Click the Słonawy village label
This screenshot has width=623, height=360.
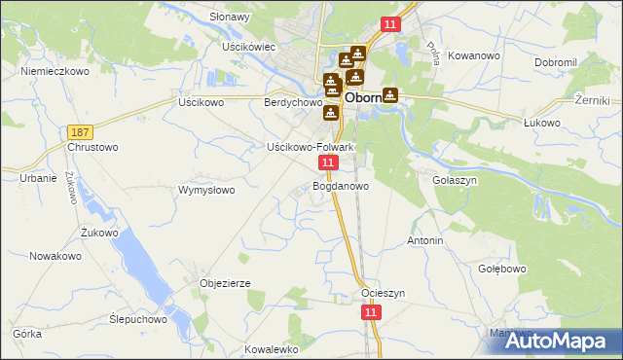[x=230, y=18]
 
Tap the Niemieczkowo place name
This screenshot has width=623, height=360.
[x=55, y=72]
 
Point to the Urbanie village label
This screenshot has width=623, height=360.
[x=38, y=178]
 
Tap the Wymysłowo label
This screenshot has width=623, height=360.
[x=206, y=190]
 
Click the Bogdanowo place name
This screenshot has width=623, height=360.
[x=341, y=186]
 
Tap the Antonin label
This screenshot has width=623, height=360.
[x=425, y=240]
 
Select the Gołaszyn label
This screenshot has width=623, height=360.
[x=453, y=180]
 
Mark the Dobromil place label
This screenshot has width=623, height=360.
[x=558, y=62]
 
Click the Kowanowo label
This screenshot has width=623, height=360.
[x=475, y=56]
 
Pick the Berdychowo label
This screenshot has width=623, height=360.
[x=293, y=102]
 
